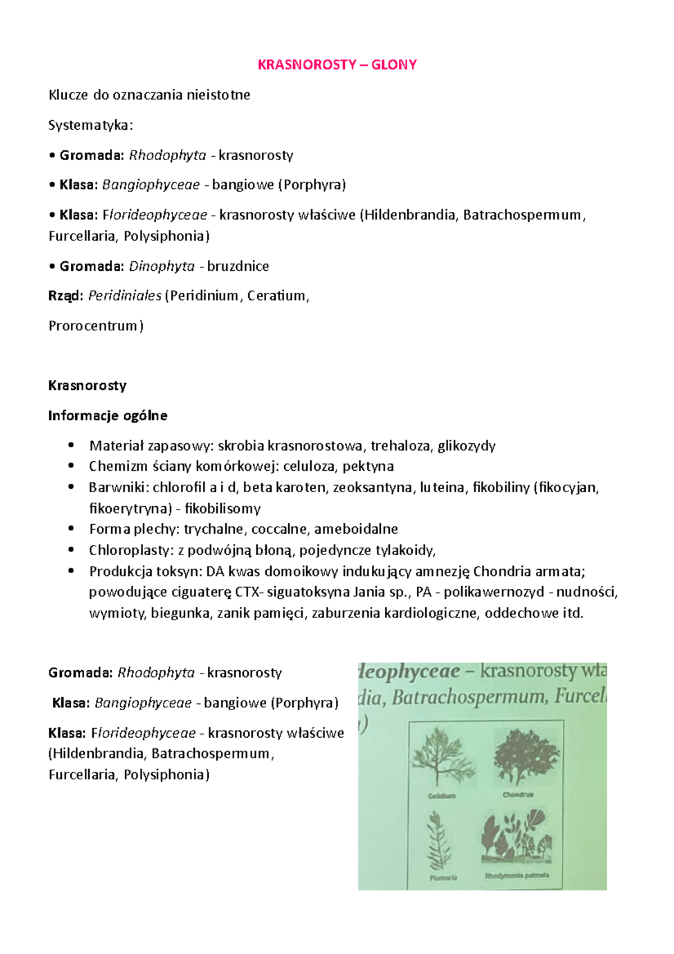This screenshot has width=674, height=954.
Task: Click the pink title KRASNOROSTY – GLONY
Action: [x=337, y=65]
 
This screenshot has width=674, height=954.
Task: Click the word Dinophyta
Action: [x=162, y=266]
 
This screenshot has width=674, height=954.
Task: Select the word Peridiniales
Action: [x=125, y=296]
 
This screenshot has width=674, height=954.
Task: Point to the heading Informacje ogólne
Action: [x=107, y=416]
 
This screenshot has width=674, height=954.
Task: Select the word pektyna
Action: [x=368, y=466]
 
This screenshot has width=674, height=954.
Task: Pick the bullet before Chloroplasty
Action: [x=71, y=550]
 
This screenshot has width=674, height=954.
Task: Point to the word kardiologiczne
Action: [x=430, y=613]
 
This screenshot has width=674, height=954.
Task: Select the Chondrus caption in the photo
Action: [x=518, y=795]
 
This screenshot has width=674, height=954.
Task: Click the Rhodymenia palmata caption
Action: [x=517, y=875]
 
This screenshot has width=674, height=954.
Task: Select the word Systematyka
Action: [x=89, y=125]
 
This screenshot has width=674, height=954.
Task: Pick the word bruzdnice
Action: [x=238, y=266]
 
